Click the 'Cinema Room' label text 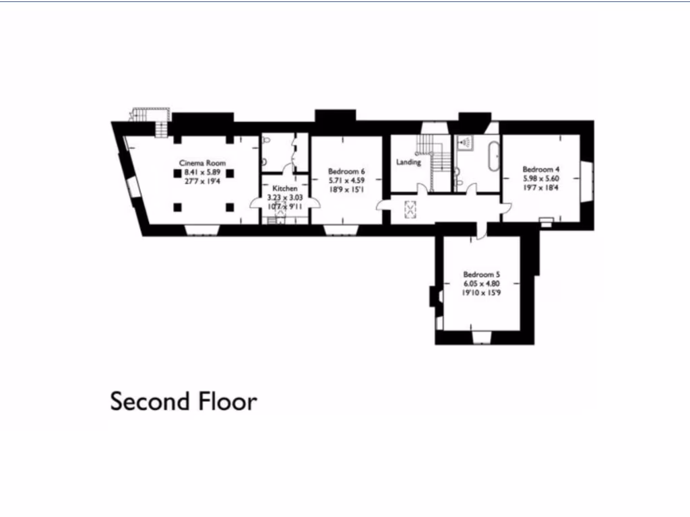pos(202,163)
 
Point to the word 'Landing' pos(408,162)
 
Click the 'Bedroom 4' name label pos(541,170)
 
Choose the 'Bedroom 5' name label pos(481,274)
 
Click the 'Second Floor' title pos(183,401)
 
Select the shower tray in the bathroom pos(464,143)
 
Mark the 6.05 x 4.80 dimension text pos(481,283)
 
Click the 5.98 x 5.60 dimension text pos(541,179)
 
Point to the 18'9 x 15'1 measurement pos(346,191)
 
